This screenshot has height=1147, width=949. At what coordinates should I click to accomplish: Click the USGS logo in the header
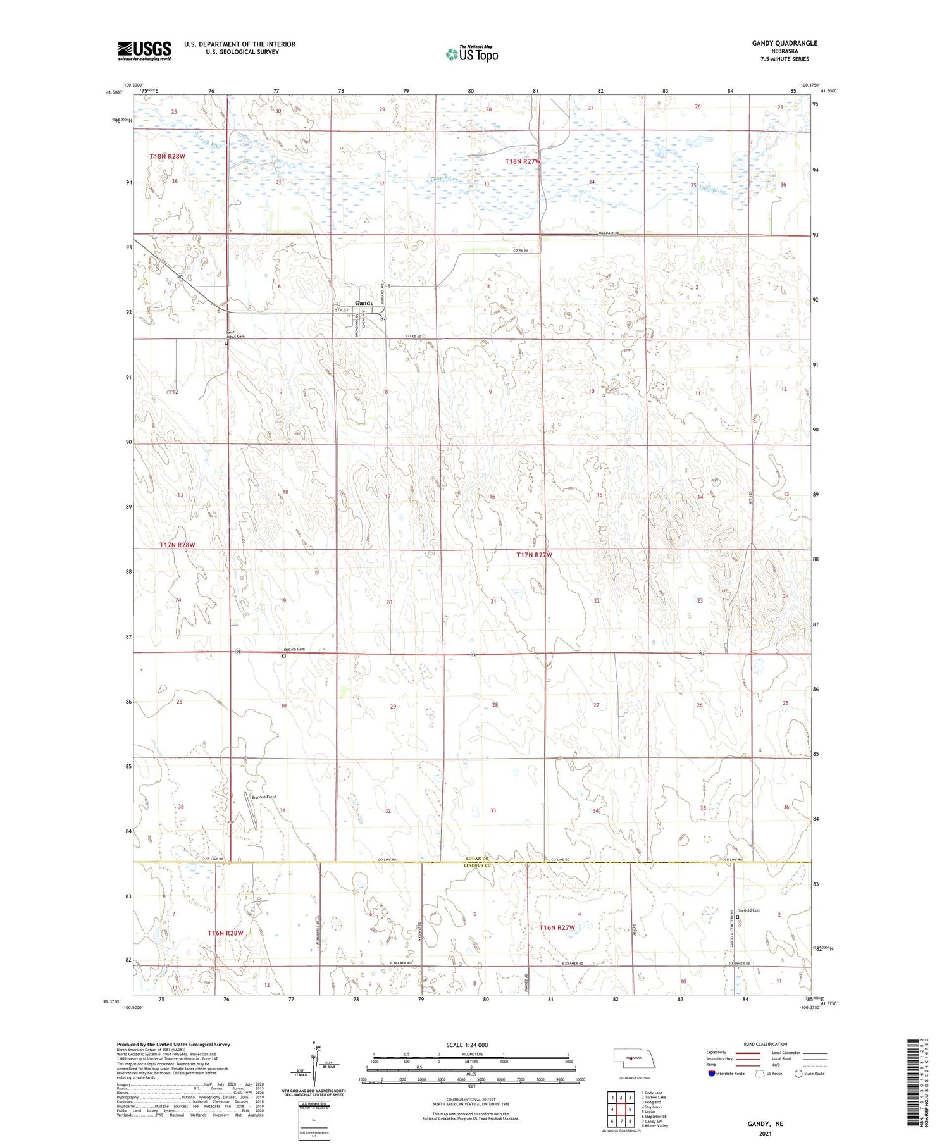tap(144, 51)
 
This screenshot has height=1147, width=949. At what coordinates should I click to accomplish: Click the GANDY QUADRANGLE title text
tap(784, 43)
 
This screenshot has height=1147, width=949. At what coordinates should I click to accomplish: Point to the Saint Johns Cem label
tap(235, 335)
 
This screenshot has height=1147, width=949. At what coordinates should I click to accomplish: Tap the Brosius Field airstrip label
tap(264, 797)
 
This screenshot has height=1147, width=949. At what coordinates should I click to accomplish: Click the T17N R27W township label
tap(534, 555)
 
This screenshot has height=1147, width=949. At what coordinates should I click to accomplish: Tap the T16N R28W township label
tap(225, 933)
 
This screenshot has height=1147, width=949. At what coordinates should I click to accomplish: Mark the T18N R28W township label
tap(168, 156)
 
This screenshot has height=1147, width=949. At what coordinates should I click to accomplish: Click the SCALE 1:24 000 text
tap(466, 1045)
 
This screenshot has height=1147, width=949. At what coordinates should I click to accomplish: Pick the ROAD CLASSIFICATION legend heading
tap(766, 1044)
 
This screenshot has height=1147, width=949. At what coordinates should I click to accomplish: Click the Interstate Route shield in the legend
tap(712, 1073)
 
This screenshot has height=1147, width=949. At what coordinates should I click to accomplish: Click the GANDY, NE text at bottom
tap(765, 1124)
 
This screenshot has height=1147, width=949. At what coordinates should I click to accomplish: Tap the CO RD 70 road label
tap(520, 252)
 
